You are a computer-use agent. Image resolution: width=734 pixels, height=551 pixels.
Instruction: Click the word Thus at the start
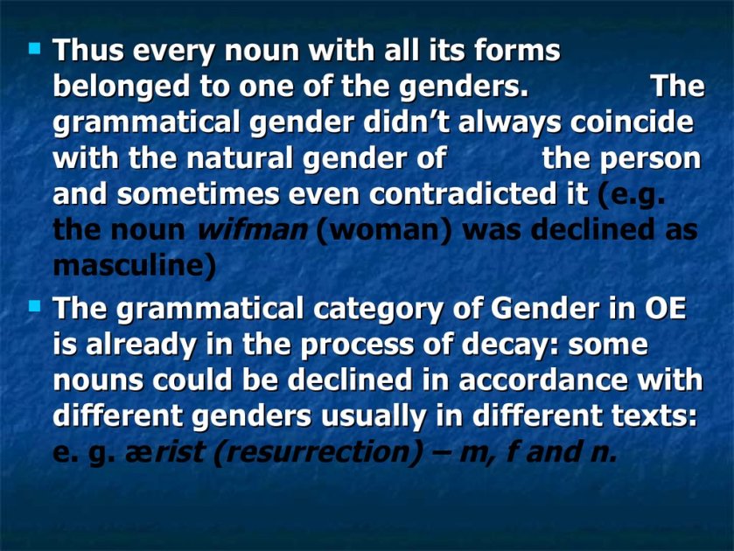[x=88, y=50]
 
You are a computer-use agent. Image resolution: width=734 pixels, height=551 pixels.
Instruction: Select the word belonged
[x=122, y=87]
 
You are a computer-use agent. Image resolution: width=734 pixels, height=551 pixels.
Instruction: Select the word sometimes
[x=198, y=194]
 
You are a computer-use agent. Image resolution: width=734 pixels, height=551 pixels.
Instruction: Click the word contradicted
[x=479, y=194]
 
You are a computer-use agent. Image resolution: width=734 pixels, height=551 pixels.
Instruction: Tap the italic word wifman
[x=253, y=230]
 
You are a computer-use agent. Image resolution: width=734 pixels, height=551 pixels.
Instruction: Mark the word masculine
[x=135, y=267]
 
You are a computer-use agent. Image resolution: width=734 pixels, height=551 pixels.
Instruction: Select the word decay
[x=501, y=345]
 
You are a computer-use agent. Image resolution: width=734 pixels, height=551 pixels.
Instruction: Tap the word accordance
[x=542, y=380]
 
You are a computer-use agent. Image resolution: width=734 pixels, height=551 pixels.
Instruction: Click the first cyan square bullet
[x=35, y=48]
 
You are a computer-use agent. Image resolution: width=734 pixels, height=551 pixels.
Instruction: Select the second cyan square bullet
[x=35, y=307]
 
